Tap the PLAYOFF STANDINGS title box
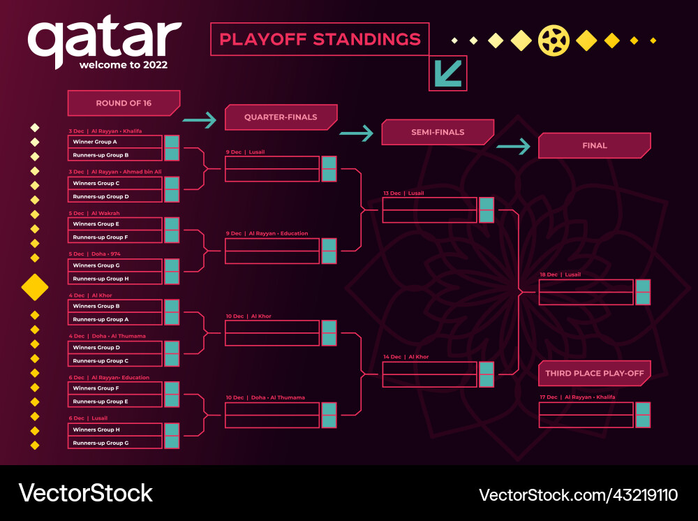[x=320, y=39]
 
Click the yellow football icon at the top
[x=554, y=41]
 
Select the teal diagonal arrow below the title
[x=447, y=73]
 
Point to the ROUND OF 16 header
[x=124, y=103]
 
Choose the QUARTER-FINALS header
[x=281, y=117]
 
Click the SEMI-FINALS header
[x=438, y=132]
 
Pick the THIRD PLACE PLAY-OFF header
[x=594, y=374]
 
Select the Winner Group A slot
[x=115, y=142]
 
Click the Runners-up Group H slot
[x=115, y=279]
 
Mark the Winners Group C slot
[x=115, y=183]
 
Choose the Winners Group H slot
[x=115, y=430]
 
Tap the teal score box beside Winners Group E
[x=172, y=224]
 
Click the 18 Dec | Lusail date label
[x=560, y=274]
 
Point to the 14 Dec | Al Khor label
[x=406, y=357]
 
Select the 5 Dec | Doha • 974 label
[x=95, y=254]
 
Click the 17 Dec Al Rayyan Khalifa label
[x=577, y=397]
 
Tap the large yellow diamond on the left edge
[x=35, y=286]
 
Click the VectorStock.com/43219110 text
[x=578, y=495]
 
